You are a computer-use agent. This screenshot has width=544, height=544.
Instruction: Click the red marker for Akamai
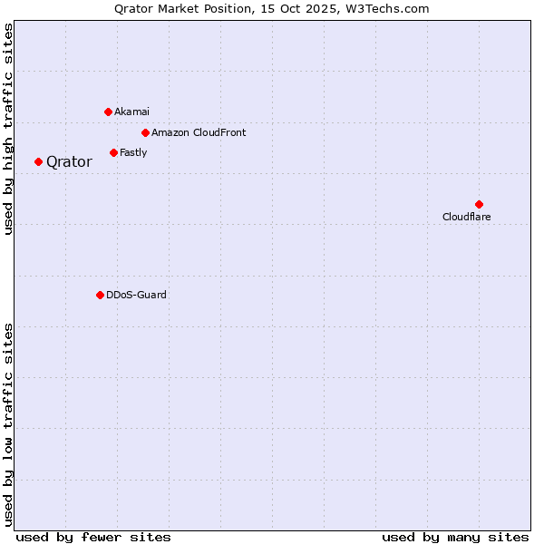pyautogui.click(x=108, y=112)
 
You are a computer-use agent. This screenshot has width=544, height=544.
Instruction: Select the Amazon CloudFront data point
pyautogui.click(x=145, y=132)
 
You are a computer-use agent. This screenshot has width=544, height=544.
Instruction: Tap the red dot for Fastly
pyautogui.click(x=113, y=152)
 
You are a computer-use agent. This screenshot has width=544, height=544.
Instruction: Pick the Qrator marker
pyautogui.click(x=38, y=161)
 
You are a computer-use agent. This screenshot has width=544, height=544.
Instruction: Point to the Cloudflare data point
pyautogui.click(x=479, y=204)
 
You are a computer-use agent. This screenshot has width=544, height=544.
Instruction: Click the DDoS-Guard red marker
pyautogui.click(x=100, y=295)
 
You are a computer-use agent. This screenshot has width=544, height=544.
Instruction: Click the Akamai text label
pyautogui.click(x=132, y=112)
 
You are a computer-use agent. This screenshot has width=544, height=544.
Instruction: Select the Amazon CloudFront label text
pyautogui.click(x=199, y=132)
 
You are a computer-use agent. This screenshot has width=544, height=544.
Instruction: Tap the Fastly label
pyautogui.click(x=133, y=152)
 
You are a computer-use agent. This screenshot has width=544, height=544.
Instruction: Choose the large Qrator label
pyautogui.click(x=69, y=162)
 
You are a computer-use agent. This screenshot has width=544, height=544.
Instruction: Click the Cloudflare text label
pyautogui.click(x=467, y=217)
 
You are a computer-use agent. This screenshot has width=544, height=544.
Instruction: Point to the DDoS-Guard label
pyautogui.click(x=136, y=295)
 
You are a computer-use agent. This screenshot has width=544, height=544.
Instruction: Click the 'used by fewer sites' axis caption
pyautogui.click(x=93, y=537)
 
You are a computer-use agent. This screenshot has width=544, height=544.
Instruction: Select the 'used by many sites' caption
pyautogui.click(x=455, y=537)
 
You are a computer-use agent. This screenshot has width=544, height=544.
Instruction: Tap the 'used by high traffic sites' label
pyautogui.click(x=9, y=129)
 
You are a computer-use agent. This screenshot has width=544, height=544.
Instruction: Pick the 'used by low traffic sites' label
pyautogui.click(x=9, y=423)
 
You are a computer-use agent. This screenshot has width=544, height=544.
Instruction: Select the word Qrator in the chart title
pyautogui.click(x=135, y=9)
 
